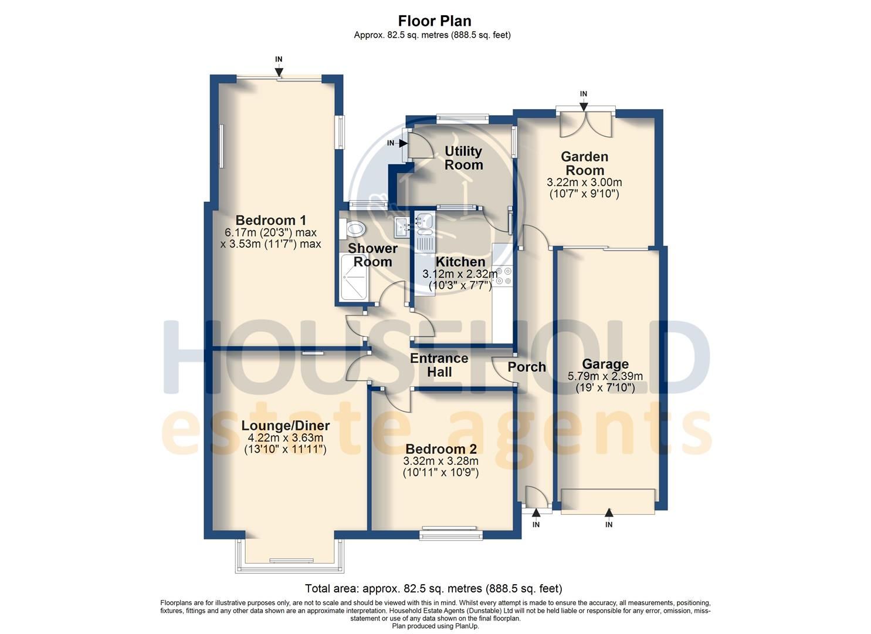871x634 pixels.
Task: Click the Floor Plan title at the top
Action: point(435,21)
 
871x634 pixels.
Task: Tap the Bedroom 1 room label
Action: point(270,220)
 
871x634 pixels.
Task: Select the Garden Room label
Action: point(584,163)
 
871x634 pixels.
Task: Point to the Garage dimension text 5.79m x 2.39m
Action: point(605,376)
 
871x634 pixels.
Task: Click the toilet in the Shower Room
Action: point(353,228)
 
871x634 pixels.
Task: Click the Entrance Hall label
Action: point(439,365)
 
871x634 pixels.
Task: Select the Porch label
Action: point(527,367)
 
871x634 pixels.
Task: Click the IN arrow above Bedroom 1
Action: point(279,71)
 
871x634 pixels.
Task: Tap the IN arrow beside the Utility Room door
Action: point(403,143)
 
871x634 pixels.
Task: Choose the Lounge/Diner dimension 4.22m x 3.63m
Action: point(286,438)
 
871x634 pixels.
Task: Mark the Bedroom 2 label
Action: point(441,448)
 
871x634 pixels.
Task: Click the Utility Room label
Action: point(463,158)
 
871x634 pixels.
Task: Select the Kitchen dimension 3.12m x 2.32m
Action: point(460,274)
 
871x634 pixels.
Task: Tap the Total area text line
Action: point(433,588)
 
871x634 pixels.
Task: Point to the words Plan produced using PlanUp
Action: point(435,626)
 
